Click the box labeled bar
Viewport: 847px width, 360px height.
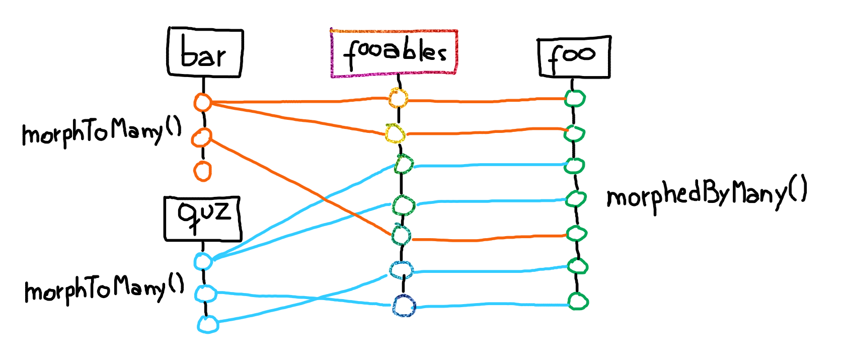click(x=205, y=53)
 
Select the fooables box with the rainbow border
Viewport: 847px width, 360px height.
click(x=394, y=53)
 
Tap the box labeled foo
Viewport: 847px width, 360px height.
click(x=574, y=56)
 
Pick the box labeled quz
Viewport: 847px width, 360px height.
click(x=202, y=218)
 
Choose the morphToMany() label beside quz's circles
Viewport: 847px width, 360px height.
click(x=104, y=289)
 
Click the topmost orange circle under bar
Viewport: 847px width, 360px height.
click(x=202, y=102)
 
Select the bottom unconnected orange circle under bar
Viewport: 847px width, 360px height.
click(x=202, y=171)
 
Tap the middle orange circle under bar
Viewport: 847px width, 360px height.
click(x=202, y=137)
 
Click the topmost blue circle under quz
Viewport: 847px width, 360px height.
click(x=203, y=261)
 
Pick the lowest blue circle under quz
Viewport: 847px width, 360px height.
click(x=207, y=324)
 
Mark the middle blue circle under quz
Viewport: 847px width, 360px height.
click(x=205, y=293)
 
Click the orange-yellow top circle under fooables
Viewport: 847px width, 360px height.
click(x=398, y=98)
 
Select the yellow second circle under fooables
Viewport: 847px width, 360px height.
click(x=395, y=133)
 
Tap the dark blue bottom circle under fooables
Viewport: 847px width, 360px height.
click(x=404, y=306)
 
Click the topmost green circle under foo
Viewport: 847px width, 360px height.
click(x=574, y=98)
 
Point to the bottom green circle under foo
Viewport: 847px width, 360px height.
click(x=578, y=301)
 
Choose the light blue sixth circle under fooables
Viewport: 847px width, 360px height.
click(x=401, y=270)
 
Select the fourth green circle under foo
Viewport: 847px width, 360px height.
click(x=575, y=199)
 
